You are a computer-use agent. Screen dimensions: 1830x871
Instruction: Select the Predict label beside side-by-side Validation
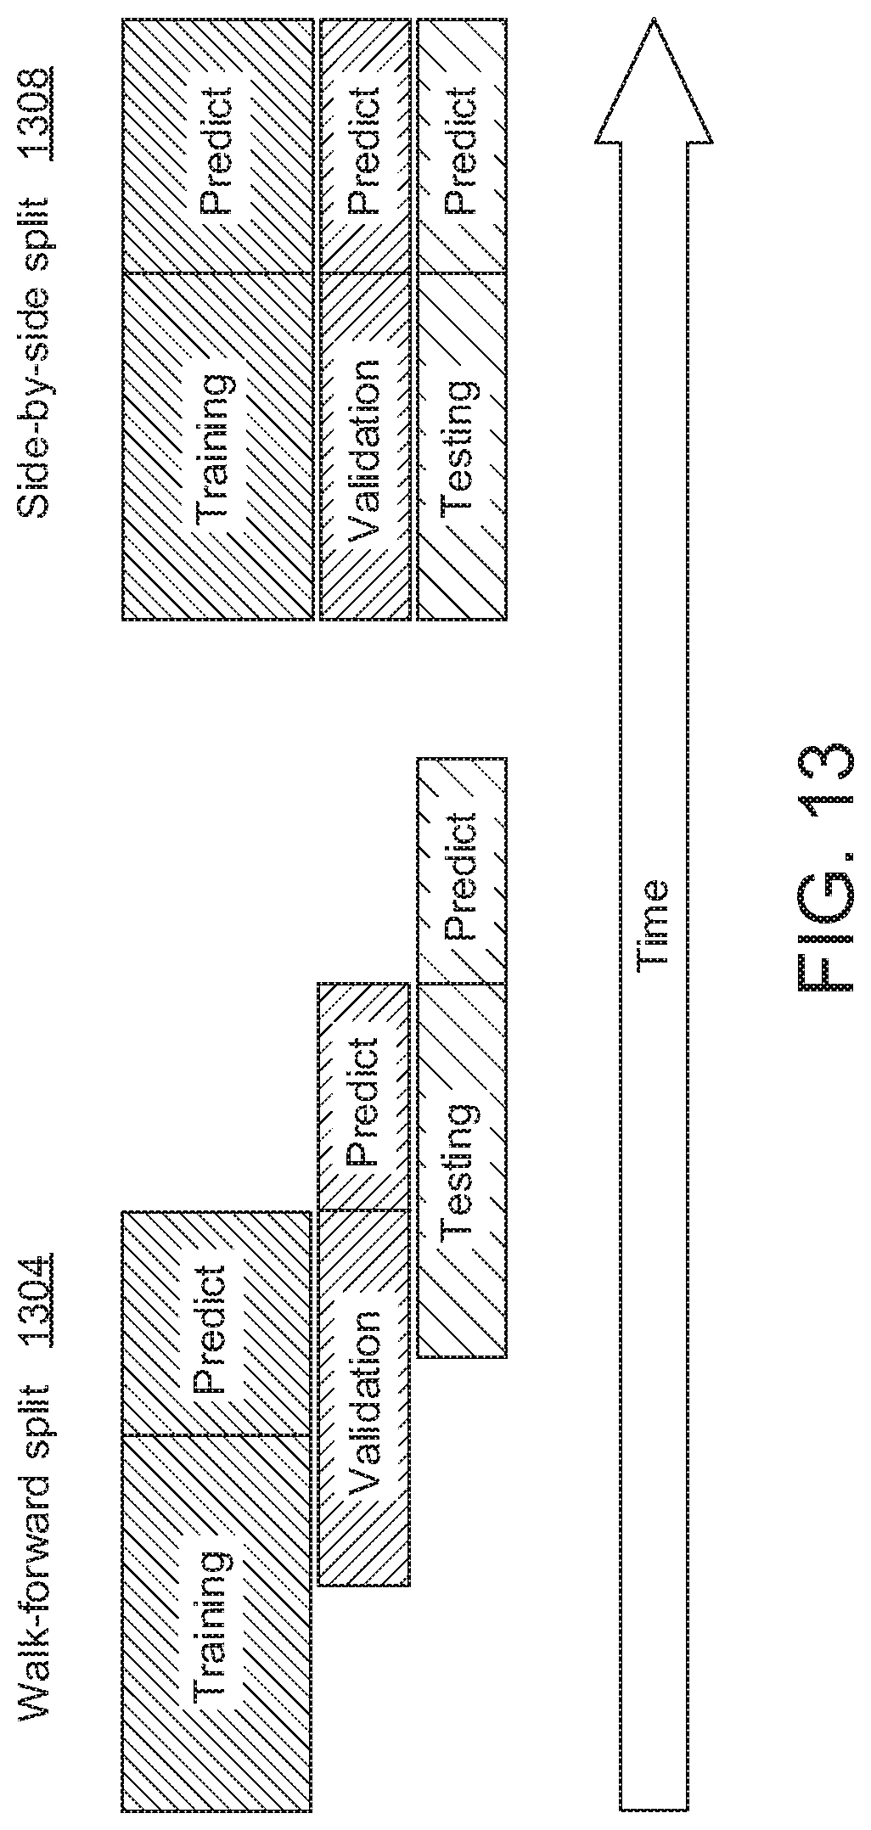click(363, 149)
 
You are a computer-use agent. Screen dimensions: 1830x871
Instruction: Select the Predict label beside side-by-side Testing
click(459, 149)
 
